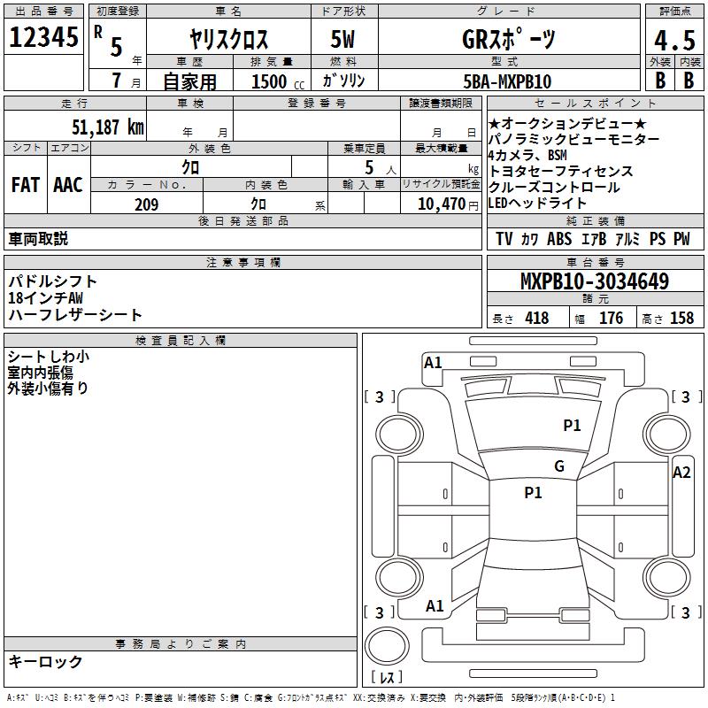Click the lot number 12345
43,37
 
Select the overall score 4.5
674,40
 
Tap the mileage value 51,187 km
108,127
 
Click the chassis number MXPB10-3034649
595,281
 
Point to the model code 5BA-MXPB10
507,81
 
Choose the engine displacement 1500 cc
278,81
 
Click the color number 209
146,204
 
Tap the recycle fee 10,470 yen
448,204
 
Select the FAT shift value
26,185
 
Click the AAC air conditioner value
68,185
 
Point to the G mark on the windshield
559,466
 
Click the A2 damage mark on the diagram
681,473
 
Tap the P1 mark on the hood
572,425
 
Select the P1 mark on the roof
533,492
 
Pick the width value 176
611,318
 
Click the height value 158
681,318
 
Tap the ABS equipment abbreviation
559,239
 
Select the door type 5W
342,39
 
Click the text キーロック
45,661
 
